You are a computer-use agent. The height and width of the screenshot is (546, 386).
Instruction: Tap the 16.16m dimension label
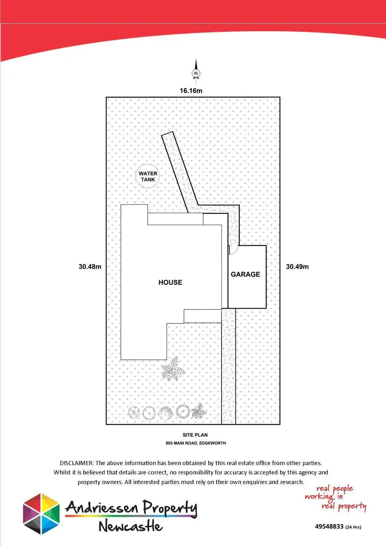tap(191, 91)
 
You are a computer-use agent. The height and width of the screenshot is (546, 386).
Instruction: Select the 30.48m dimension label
tap(90, 266)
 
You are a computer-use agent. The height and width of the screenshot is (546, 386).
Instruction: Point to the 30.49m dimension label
tap(297, 266)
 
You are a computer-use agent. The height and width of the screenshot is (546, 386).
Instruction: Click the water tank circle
tap(148, 177)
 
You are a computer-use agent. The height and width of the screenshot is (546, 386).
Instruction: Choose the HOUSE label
tap(170, 282)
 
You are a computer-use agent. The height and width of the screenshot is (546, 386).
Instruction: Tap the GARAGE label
tap(245, 274)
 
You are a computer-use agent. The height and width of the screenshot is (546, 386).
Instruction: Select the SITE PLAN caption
tap(195, 435)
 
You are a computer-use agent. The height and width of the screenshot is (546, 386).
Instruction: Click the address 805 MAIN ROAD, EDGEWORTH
tap(196, 443)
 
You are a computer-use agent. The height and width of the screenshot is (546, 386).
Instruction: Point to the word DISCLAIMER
tap(76, 463)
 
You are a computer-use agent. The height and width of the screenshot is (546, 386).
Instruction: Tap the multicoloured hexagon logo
tap(41, 514)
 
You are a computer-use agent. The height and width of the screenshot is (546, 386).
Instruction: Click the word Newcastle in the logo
tap(130, 526)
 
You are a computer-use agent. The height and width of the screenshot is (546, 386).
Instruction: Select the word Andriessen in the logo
tap(102, 507)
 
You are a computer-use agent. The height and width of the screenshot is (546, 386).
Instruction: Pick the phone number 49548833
tap(329, 526)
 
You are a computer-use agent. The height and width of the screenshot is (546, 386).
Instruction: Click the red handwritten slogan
tap(335, 497)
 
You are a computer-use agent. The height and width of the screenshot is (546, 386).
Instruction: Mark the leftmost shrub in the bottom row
tap(134, 412)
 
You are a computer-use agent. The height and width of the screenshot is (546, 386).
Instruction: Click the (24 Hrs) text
tap(353, 527)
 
